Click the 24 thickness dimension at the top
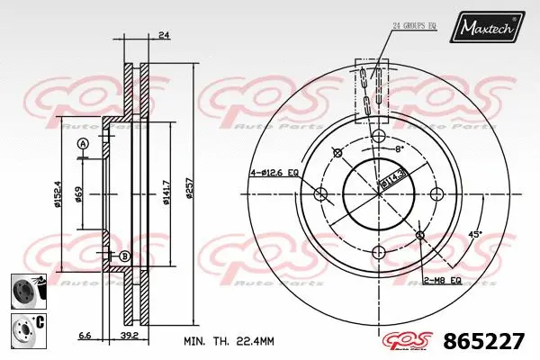point(162,35)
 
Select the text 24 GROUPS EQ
point(413,25)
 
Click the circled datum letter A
point(83,144)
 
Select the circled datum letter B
point(125,257)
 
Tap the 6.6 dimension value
point(84,335)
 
